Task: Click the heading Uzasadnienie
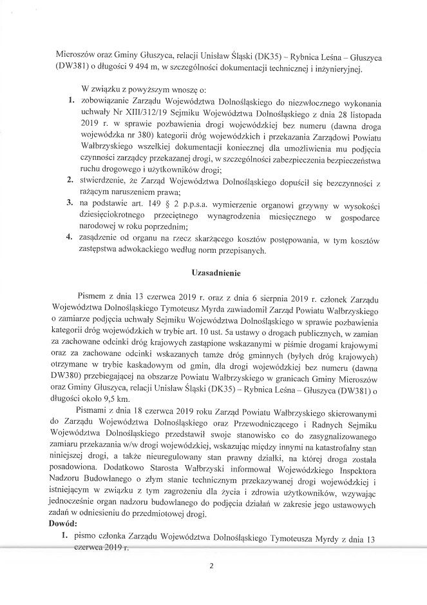click(215, 272)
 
